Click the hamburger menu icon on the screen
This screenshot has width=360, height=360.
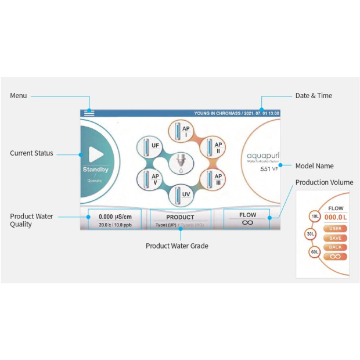click(89, 113)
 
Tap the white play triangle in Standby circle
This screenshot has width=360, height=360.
click(96, 154)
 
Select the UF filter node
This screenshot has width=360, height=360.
click(150, 146)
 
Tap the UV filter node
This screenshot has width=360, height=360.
click(181, 194)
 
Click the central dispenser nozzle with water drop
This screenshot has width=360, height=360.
click(182, 163)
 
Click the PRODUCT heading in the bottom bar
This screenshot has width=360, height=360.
click(180, 217)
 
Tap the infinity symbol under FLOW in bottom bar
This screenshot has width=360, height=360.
click(247, 222)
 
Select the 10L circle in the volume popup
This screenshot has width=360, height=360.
click(314, 217)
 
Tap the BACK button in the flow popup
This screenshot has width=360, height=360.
click(336, 247)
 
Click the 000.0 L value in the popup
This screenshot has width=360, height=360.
click(336, 217)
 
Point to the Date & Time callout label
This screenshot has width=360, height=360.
click(314, 96)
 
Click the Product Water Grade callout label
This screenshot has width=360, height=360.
click(177, 246)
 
